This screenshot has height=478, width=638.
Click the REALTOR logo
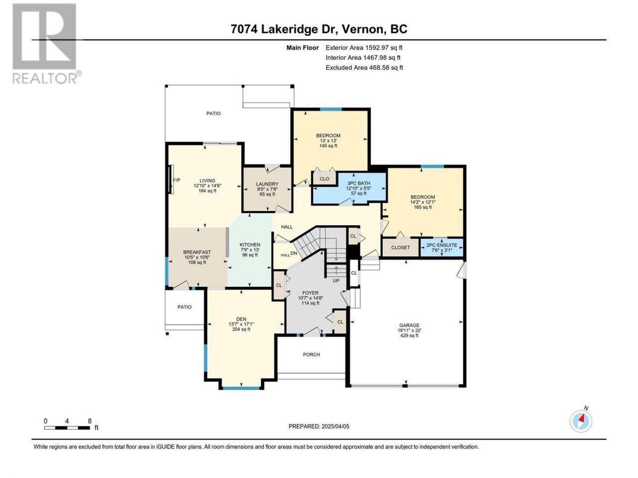pos(46,43)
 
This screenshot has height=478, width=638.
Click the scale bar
pos(67,428)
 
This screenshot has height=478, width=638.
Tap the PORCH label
pos(312,355)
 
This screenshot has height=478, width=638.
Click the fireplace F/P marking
pos(177,180)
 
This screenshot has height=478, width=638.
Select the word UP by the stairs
pos(336,281)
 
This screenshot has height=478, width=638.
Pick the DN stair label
pos(294,253)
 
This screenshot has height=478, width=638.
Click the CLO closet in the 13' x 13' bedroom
pos(324,179)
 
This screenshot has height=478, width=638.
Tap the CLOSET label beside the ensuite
pos(401,247)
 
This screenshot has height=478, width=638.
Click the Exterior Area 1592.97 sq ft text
pos(364,48)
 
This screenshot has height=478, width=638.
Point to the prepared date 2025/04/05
pos(335,426)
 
